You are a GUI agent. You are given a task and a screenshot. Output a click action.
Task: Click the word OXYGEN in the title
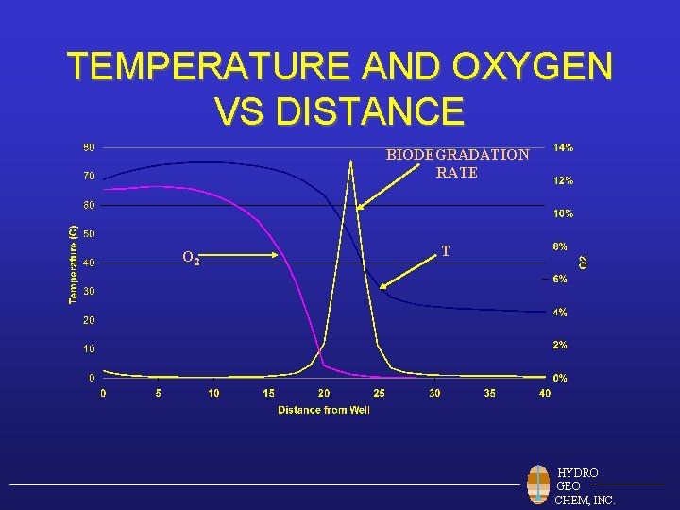pos(533,67)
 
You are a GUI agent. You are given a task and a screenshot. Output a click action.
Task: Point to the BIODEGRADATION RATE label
pos(457,163)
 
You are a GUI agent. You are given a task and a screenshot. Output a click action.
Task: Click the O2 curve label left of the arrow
pos(190,257)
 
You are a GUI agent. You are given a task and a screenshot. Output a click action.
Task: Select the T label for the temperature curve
pos(445,251)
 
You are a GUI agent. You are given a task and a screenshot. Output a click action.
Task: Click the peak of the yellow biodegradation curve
pos(351,161)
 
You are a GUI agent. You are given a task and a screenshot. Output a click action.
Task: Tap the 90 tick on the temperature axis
pos(88,147)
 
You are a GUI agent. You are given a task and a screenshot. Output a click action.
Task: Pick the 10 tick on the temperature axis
pos(88,348)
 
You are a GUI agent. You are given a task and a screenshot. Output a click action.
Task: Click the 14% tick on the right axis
pos(563,147)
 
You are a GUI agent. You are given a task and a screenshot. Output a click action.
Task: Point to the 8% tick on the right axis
pos(560,246)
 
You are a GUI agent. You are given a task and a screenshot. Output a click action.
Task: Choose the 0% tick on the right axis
pos(560,378)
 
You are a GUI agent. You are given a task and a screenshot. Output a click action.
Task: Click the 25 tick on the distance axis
pos(380,393)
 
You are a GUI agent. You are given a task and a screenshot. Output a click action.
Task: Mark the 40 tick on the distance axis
pos(545,393)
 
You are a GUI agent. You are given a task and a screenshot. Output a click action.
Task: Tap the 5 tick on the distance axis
pos(159,393)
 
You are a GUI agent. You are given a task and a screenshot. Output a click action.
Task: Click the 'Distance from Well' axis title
pos(324,410)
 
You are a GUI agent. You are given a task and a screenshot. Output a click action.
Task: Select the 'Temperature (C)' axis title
pos(73,263)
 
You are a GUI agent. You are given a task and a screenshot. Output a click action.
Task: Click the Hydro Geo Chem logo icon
pos(538,485)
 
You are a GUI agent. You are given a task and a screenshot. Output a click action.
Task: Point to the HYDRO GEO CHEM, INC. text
pos(585,485)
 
